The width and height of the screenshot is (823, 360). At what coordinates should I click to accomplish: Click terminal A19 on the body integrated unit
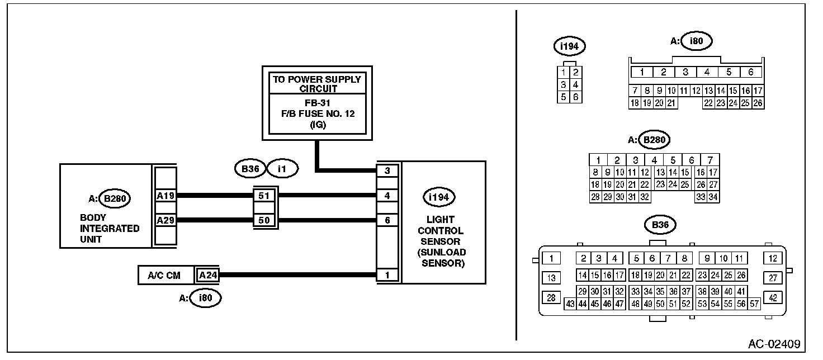165,196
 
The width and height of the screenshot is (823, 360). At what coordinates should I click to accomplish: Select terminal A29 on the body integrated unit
165,220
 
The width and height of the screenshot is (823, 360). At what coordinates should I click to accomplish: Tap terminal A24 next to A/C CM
207,275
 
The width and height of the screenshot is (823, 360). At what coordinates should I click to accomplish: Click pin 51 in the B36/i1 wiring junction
264,196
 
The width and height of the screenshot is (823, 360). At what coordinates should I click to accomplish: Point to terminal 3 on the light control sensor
387,170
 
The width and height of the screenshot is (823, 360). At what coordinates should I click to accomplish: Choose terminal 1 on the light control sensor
387,275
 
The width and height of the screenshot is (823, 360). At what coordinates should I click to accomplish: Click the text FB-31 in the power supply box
318,103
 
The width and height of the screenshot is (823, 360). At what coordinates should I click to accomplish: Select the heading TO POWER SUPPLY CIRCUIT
318,84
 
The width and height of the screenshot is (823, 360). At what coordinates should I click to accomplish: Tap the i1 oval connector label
282,169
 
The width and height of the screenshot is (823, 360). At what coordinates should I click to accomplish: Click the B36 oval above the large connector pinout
660,225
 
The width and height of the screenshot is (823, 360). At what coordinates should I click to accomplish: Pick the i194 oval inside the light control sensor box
439,197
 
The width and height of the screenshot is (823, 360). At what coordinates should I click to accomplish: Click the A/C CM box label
164,276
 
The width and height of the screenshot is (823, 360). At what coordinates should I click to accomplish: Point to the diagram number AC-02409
774,344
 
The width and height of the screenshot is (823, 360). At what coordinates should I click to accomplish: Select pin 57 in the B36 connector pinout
754,304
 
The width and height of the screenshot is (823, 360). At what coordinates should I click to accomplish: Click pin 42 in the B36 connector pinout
773,297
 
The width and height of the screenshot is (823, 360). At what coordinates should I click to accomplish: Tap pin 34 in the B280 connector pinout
713,197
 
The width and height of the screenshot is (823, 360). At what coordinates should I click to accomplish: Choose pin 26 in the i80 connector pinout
758,103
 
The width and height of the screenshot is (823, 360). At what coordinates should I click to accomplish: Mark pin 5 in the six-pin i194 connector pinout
563,97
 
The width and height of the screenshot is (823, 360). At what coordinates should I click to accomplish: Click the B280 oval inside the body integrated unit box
115,198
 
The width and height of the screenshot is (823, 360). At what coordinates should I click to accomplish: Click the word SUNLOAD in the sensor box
443,252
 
